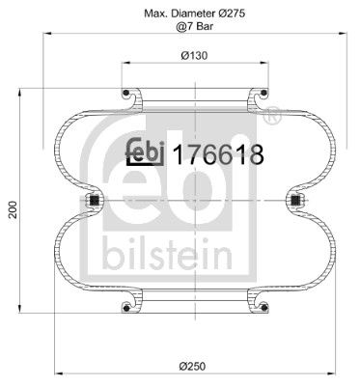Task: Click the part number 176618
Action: (x=218, y=153)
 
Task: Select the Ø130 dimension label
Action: (x=194, y=55)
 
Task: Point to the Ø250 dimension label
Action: (x=194, y=363)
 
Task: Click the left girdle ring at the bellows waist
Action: (x=94, y=201)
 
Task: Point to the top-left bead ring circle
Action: (x=126, y=95)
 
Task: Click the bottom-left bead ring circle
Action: (x=126, y=307)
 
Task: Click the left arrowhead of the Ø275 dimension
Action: (x=45, y=39)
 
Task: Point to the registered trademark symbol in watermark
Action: (x=273, y=119)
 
